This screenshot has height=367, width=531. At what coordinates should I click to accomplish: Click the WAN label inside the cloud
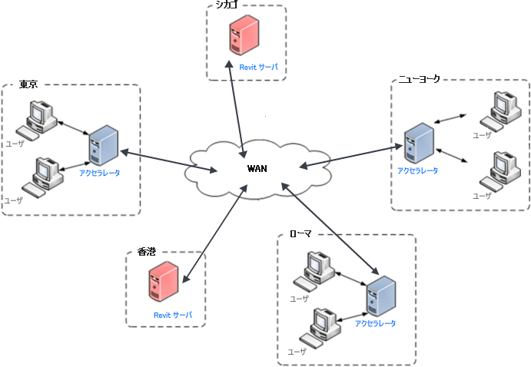257,169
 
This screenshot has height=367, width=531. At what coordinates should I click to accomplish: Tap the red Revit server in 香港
164,282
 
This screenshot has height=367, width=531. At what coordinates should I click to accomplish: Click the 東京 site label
28,84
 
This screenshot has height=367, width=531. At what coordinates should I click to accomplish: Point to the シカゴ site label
226,5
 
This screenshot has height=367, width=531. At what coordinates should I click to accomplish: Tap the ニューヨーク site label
419,79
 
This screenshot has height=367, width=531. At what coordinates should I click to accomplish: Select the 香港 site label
146,251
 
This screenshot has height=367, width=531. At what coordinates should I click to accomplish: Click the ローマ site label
300,233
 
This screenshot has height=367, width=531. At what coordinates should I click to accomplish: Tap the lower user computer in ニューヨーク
496,171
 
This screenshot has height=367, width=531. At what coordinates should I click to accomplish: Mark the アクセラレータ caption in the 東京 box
99,173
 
